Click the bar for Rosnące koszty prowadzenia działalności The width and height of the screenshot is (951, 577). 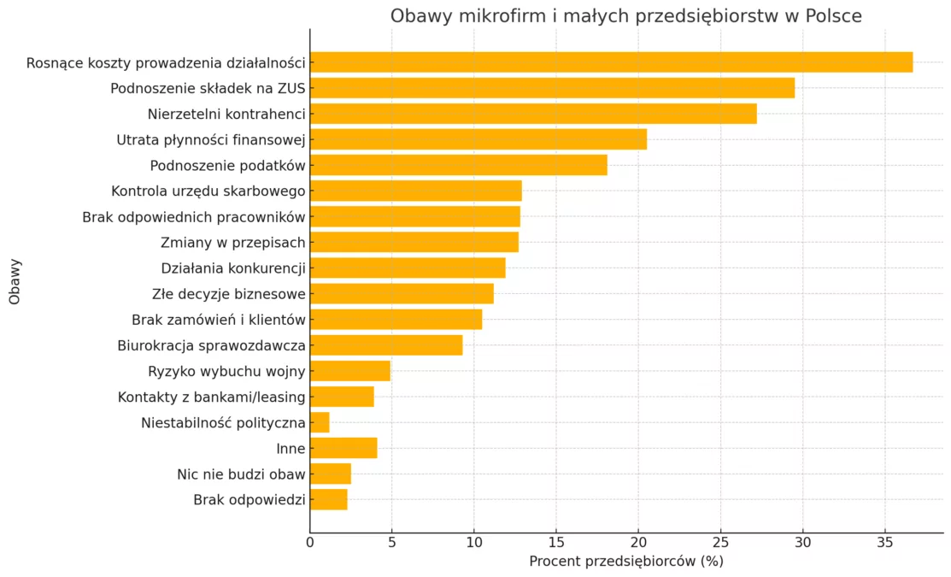(611, 62)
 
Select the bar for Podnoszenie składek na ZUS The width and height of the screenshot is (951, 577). (552, 88)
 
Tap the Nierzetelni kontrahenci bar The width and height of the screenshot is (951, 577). (533, 114)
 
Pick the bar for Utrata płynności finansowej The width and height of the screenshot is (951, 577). (478, 139)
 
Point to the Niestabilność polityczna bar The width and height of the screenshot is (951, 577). (320, 422)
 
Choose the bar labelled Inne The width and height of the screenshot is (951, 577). (343, 448)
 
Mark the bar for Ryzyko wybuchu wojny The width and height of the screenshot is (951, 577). (350, 371)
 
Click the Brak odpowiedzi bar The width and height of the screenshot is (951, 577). (329, 499)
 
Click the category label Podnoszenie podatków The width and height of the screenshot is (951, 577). (227, 165)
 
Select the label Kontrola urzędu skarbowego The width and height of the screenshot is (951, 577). (208, 191)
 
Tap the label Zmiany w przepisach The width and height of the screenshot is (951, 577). (232, 243)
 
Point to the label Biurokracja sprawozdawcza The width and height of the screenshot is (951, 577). (211, 345)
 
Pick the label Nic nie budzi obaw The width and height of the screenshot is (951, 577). (241, 474)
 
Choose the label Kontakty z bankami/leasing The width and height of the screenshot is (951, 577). (211, 397)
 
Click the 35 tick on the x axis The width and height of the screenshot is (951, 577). (885, 541)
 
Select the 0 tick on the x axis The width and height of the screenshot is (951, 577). (310, 541)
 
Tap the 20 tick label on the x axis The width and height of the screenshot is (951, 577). (638, 541)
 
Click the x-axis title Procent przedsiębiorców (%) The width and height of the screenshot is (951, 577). (626, 562)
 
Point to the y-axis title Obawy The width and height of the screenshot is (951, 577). (15, 281)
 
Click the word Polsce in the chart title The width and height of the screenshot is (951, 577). (833, 16)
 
